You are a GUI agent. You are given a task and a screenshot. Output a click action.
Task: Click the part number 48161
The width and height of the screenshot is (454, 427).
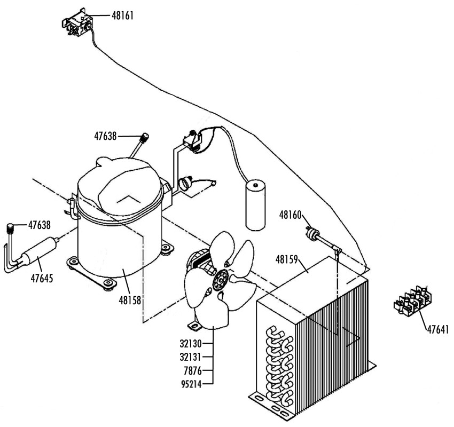click(122, 15)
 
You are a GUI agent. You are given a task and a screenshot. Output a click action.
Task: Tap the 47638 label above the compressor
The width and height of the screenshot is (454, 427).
click(105, 137)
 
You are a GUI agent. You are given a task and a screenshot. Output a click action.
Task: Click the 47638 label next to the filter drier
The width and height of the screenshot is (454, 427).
click(39, 225)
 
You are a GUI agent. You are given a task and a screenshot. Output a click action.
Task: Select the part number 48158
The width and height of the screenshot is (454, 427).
click(130, 301)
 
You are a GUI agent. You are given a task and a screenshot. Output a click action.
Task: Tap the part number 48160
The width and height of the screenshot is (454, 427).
click(291, 215)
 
